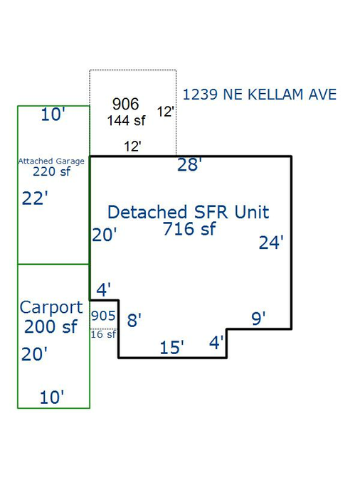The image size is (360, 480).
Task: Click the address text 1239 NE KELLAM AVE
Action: (x=260, y=95)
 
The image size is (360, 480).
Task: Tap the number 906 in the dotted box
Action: (x=126, y=104)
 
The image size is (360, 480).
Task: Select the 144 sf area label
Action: (x=126, y=120)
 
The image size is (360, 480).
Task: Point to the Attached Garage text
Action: (x=51, y=161)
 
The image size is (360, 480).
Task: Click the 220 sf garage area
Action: (x=51, y=172)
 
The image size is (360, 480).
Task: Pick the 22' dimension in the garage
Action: (x=35, y=198)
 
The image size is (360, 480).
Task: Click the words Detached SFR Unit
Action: (x=188, y=212)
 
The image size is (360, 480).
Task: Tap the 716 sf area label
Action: (x=189, y=229)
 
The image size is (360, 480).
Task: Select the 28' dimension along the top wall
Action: (x=189, y=164)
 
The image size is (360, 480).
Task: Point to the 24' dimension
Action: (x=271, y=242)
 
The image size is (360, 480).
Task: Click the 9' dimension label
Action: (x=258, y=319)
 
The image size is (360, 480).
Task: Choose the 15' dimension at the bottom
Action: (x=171, y=348)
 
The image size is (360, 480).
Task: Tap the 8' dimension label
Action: (x=134, y=320)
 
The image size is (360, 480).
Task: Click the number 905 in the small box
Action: (x=103, y=316)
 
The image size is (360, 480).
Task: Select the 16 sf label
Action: (x=103, y=334)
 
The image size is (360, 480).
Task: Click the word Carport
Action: (x=51, y=308)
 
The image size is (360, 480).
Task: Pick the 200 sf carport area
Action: (x=51, y=326)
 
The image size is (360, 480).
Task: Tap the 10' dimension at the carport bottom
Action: (x=52, y=397)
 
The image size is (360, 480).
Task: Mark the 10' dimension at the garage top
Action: (x=53, y=114)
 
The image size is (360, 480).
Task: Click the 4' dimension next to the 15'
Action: (x=216, y=342)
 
